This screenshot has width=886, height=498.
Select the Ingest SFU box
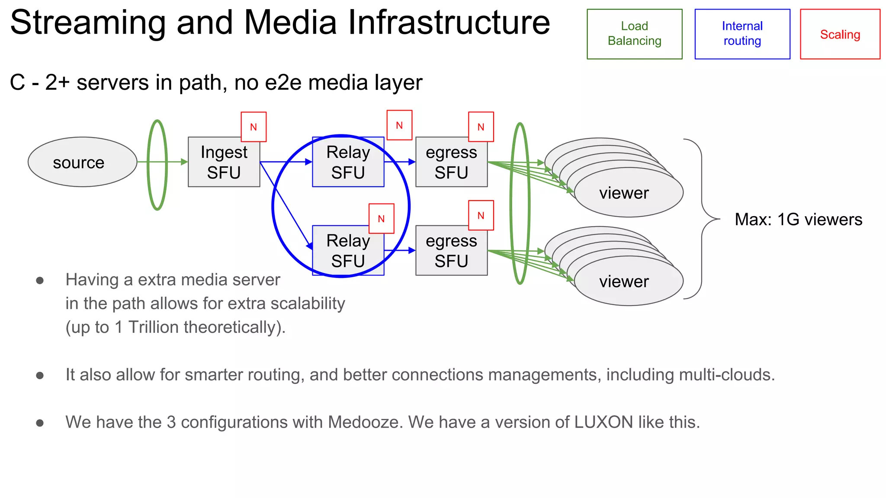(224, 162)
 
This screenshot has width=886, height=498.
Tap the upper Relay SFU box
(348, 162)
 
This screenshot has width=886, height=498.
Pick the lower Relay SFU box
(348, 251)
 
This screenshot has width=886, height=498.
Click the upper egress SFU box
(451, 162)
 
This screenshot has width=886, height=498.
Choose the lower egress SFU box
(451, 251)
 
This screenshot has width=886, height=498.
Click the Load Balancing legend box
(634, 34)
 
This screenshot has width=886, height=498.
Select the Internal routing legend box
(742, 34)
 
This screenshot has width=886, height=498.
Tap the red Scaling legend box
(840, 34)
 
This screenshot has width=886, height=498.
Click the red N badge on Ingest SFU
(254, 127)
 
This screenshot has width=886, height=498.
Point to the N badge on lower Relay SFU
(381, 218)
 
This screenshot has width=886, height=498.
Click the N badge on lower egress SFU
(481, 215)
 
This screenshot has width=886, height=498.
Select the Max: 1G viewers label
(798, 220)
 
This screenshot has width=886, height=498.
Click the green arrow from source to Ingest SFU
(173, 162)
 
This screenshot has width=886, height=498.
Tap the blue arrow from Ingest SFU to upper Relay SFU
(286, 162)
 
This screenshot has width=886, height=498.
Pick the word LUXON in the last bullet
(604, 422)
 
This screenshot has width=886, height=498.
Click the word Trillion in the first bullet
(154, 327)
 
